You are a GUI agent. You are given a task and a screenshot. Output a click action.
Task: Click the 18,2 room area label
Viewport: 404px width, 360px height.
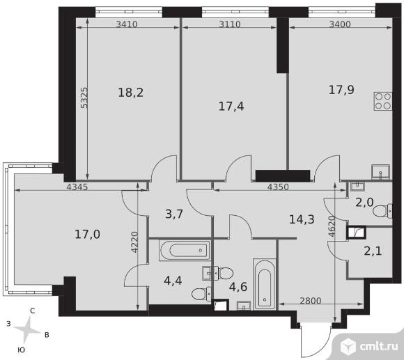pyautogui.click(x=131, y=93)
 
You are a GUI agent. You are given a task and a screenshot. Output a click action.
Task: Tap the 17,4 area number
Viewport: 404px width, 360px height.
pyautogui.click(x=231, y=106)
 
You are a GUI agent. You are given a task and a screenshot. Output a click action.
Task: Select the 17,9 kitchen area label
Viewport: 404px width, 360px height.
pyautogui.click(x=341, y=90)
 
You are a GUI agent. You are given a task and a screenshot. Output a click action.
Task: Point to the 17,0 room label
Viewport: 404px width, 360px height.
pyautogui.click(x=87, y=235)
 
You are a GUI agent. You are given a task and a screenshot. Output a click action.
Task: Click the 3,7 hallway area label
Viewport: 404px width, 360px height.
pyautogui.click(x=174, y=214)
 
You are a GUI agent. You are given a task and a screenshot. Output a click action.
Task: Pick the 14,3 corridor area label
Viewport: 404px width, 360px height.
pyautogui.click(x=302, y=219)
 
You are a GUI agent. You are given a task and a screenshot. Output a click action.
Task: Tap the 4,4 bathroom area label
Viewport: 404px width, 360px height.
pyautogui.click(x=173, y=281)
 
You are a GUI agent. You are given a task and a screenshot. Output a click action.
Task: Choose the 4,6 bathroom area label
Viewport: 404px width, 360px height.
pyautogui.click(x=238, y=287)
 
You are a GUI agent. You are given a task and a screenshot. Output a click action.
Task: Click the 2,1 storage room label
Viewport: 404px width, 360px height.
pyautogui.click(x=373, y=251)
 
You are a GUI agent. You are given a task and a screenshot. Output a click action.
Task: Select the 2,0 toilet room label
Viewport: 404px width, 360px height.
pyautogui.click(x=364, y=203)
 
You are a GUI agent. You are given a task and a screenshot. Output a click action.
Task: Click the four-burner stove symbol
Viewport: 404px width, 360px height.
pyautogui.click(x=383, y=101)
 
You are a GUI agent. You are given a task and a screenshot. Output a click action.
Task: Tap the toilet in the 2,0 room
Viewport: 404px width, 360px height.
pyautogui.click(x=382, y=211)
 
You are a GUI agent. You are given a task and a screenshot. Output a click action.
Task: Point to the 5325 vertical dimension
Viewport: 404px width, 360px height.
pyautogui.click(x=84, y=98)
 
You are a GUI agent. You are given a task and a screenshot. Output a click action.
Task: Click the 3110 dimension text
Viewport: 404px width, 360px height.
pyautogui.click(x=230, y=24)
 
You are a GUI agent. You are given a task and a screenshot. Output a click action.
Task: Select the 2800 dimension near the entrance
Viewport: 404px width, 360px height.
pyautogui.click(x=311, y=301)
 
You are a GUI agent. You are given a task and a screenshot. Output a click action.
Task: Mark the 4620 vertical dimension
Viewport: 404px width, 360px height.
pyautogui.click(x=332, y=226)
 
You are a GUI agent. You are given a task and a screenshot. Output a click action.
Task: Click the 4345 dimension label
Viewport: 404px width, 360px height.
pyautogui.click(x=77, y=187)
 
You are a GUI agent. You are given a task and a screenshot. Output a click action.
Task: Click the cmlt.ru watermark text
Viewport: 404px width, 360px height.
pyautogui.click(x=379, y=347)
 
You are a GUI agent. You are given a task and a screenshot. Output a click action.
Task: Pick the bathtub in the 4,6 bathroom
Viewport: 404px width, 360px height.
pyautogui.click(x=265, y=284)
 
